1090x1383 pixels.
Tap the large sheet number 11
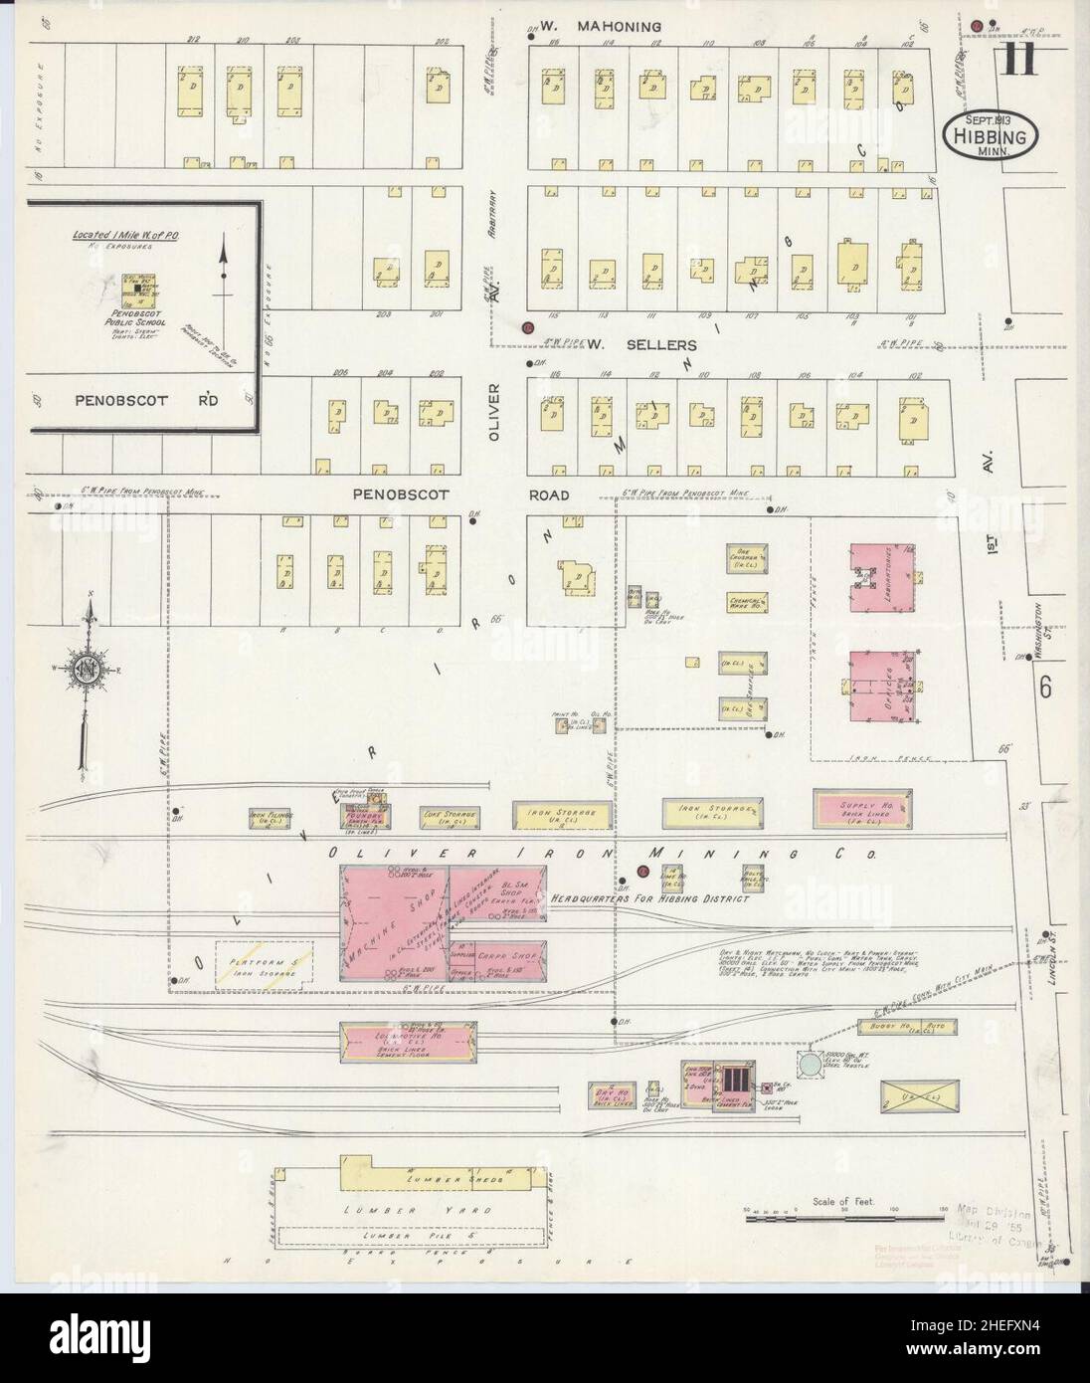(x=1020, y=61)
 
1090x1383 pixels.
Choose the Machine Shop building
(x=393, y=922)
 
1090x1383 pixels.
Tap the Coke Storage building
(x=451, y=816)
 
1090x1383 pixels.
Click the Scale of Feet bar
(x=845, y=1215)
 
